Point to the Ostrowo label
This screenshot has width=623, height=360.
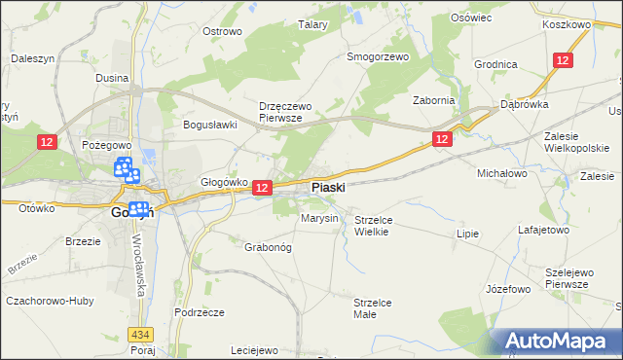pos(221,31)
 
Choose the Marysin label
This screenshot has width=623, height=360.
pos(319,218)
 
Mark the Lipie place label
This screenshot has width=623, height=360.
pos(469,234)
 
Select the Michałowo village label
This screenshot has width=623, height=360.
pos(500,172)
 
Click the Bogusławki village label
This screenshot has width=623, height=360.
pos(211,125)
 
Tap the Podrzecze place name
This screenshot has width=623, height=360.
pos(200,312)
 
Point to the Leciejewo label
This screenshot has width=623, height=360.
pos(255,350)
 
